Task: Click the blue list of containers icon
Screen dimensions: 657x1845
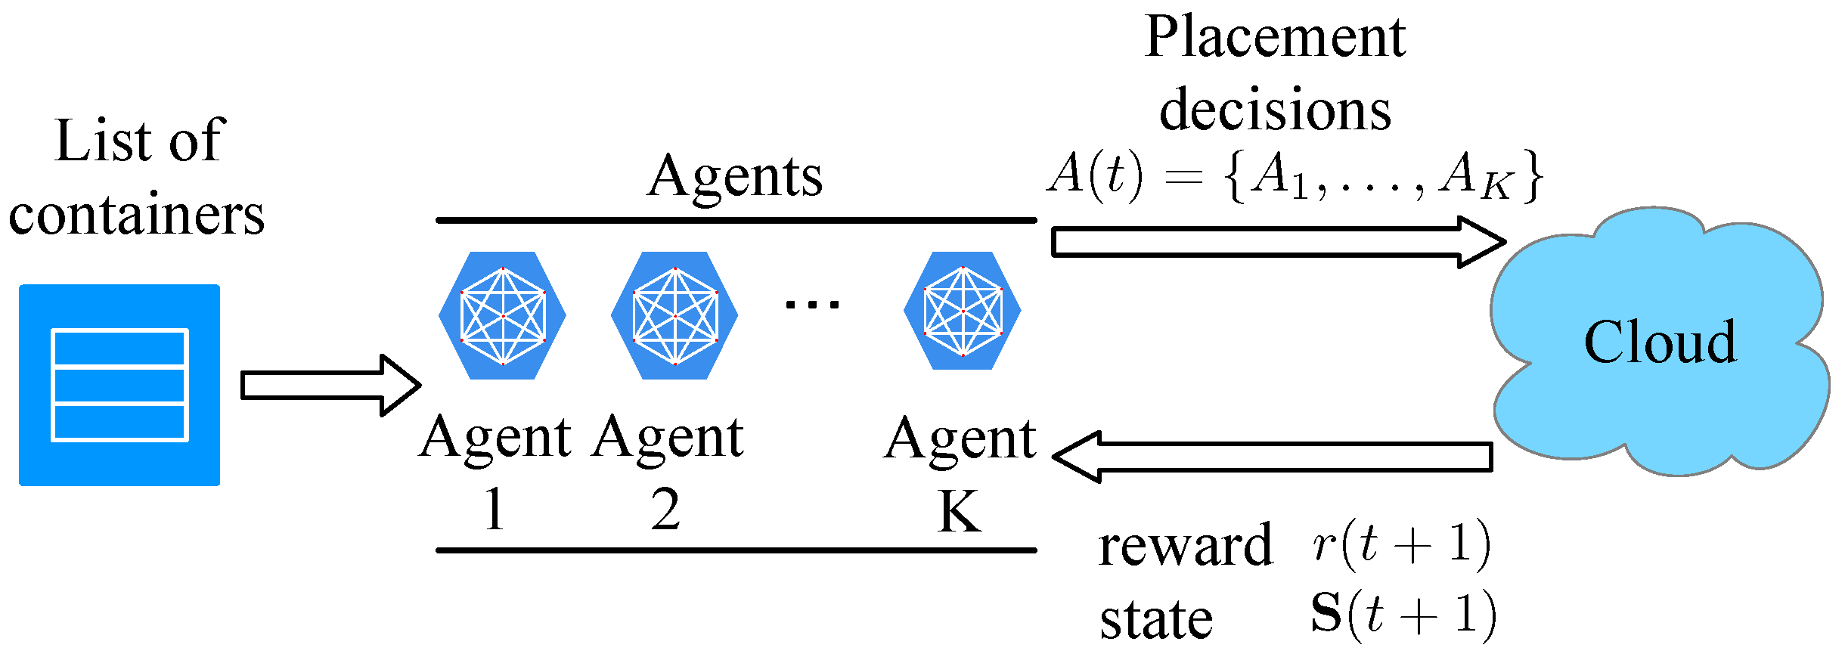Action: (119, 385)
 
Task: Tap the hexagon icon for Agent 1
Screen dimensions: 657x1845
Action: (503, 315)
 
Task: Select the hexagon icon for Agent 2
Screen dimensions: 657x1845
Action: (674, 315)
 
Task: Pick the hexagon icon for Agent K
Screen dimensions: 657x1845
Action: (963, 311)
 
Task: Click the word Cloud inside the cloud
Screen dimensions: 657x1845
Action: (1660, 342)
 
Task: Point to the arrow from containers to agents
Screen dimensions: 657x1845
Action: (330, 386)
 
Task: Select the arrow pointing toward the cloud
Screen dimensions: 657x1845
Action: (1278, 242)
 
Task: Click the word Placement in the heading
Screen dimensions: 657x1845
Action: (1275, 38)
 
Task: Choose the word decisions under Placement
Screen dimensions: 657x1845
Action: (1275, 110)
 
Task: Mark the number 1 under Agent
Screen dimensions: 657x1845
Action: (495, 510)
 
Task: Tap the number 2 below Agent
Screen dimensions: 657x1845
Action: (665, 510)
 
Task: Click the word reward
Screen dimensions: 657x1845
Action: (1185, 546)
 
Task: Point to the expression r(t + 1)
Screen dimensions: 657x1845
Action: (1401, 544)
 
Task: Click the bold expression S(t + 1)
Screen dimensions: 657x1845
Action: (1403, 614)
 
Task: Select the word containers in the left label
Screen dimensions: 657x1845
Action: (137, 215)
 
